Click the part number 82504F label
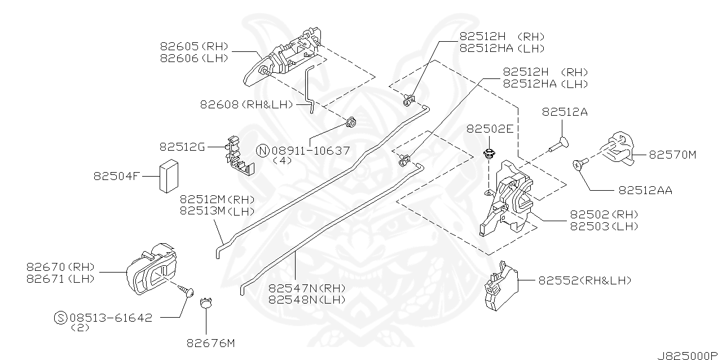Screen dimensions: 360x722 [x=116, y=176]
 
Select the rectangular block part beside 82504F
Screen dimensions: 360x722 [x=169, y=176]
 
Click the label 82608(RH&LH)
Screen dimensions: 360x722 [x=246, y=104]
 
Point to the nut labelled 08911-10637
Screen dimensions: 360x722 [x=350, y=122]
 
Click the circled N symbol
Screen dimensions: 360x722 [x=263, y=151]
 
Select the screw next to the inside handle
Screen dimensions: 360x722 [x=184, y=288]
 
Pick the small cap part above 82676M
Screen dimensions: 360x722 [x=206, y=304]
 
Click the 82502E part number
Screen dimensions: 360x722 [x=490, y=129]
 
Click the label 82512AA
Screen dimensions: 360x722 [x=645, y=190]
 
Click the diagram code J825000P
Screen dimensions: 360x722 [x=688, y=356]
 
